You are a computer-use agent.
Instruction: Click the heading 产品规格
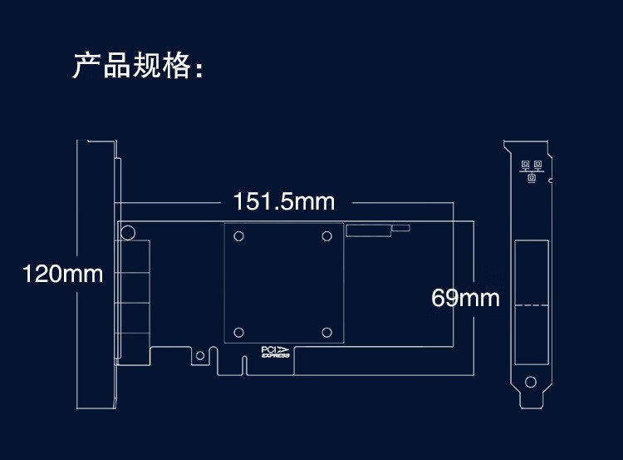click(x=138, y=66)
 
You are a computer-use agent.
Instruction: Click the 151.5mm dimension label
click(x=283, y=201)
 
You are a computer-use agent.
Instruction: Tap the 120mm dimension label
click(x=62, y=273)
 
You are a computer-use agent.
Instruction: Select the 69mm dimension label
click(x=465, y=297)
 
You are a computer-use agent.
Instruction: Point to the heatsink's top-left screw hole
click(x=239, y=236)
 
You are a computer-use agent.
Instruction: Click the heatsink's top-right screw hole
click(x=326, y=236)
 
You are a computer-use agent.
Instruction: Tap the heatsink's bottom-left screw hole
click(x=239, y=333)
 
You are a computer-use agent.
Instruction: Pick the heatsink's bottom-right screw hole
click(x=326, y=333)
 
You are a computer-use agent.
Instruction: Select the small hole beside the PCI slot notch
click(x=199, y=355)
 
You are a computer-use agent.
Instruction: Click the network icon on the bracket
click(x=532, y=170)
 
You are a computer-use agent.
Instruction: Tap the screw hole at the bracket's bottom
click(x=531, y=383)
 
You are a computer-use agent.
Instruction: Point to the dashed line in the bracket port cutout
click(x=531, y=304)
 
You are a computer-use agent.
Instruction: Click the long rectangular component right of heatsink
click(x=368, y=230)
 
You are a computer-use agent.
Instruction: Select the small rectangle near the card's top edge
click(x=400, y=227)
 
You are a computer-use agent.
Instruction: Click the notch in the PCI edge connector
click(x=245, y=364)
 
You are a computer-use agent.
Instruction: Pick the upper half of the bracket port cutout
click(x=531, y=272)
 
